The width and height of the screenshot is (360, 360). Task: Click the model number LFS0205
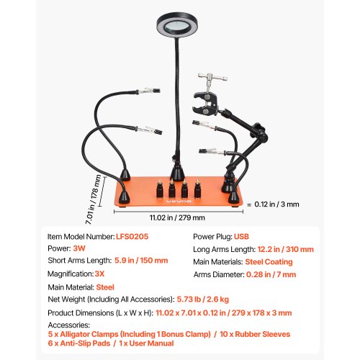134,235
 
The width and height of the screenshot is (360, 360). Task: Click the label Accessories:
71,323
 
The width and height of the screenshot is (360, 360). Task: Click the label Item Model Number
80,235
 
